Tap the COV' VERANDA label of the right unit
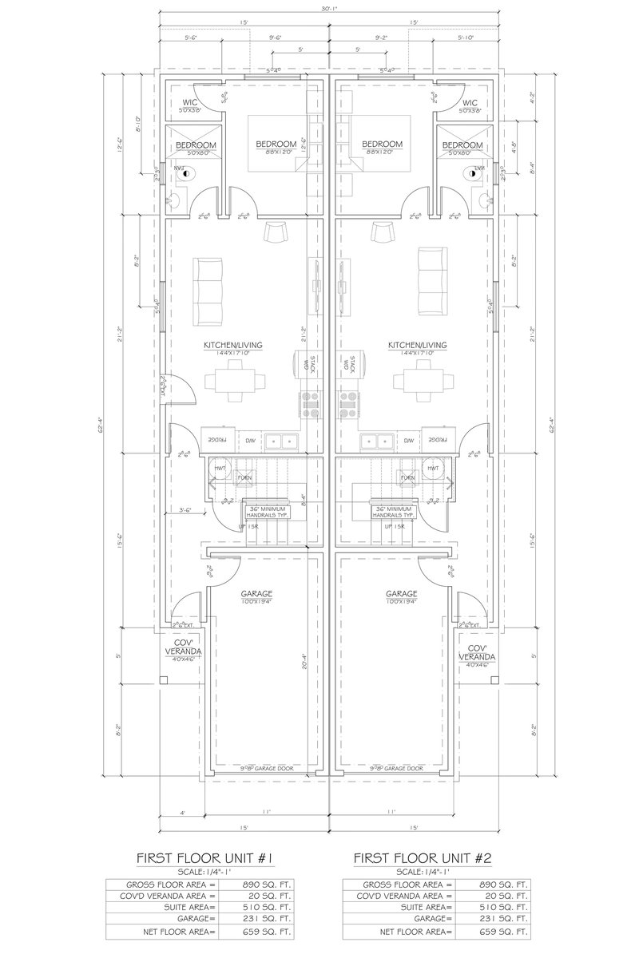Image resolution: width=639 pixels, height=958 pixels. coord(478,652)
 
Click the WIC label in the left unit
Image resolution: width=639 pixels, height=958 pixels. coord(190,102)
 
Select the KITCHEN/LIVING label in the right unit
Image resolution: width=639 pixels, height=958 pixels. coord(417,345)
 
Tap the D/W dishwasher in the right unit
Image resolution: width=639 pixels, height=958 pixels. coord(408,440)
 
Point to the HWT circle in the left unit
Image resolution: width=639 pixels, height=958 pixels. coord(220,468)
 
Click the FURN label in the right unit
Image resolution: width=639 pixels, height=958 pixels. coord(407,477)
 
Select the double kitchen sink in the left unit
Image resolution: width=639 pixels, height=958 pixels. coord(281,440)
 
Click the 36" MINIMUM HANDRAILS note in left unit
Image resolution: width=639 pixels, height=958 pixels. coord(266,512)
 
